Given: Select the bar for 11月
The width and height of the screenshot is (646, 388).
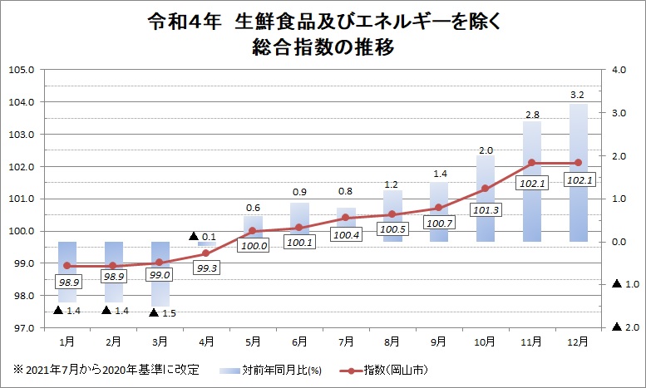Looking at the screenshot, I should (x=531, y=181).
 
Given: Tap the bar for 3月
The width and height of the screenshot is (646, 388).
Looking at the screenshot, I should (x=160, y=273).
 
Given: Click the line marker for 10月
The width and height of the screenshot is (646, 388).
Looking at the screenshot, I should (x=486, y=189).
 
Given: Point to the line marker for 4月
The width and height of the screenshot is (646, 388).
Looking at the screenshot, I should (x=207, y=253).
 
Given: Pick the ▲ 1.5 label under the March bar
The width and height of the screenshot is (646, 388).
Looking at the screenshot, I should (x=155, y=313).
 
